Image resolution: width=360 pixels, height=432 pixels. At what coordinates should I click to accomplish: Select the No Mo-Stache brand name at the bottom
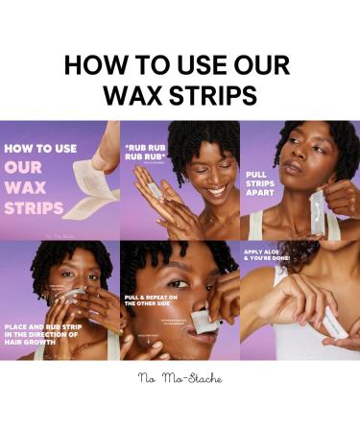180,377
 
